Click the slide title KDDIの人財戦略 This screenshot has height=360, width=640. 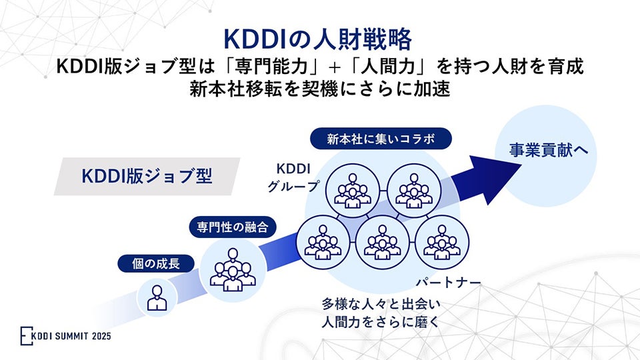coord(318,39)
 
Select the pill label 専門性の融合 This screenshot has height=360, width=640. coord(232,227)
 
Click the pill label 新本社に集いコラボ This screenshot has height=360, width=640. coord(381,139)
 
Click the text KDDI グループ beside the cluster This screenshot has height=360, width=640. coord(294,176)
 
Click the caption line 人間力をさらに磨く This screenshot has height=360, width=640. coord(381,323)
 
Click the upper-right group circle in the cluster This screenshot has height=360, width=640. coord(411,187)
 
